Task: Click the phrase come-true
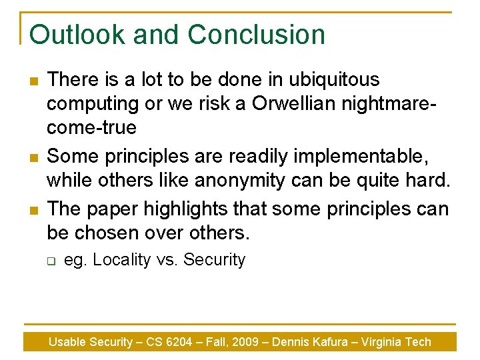92,127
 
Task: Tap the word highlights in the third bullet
190,209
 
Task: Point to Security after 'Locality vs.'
214,260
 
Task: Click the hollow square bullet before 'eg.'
50,261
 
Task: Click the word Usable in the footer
67,342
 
